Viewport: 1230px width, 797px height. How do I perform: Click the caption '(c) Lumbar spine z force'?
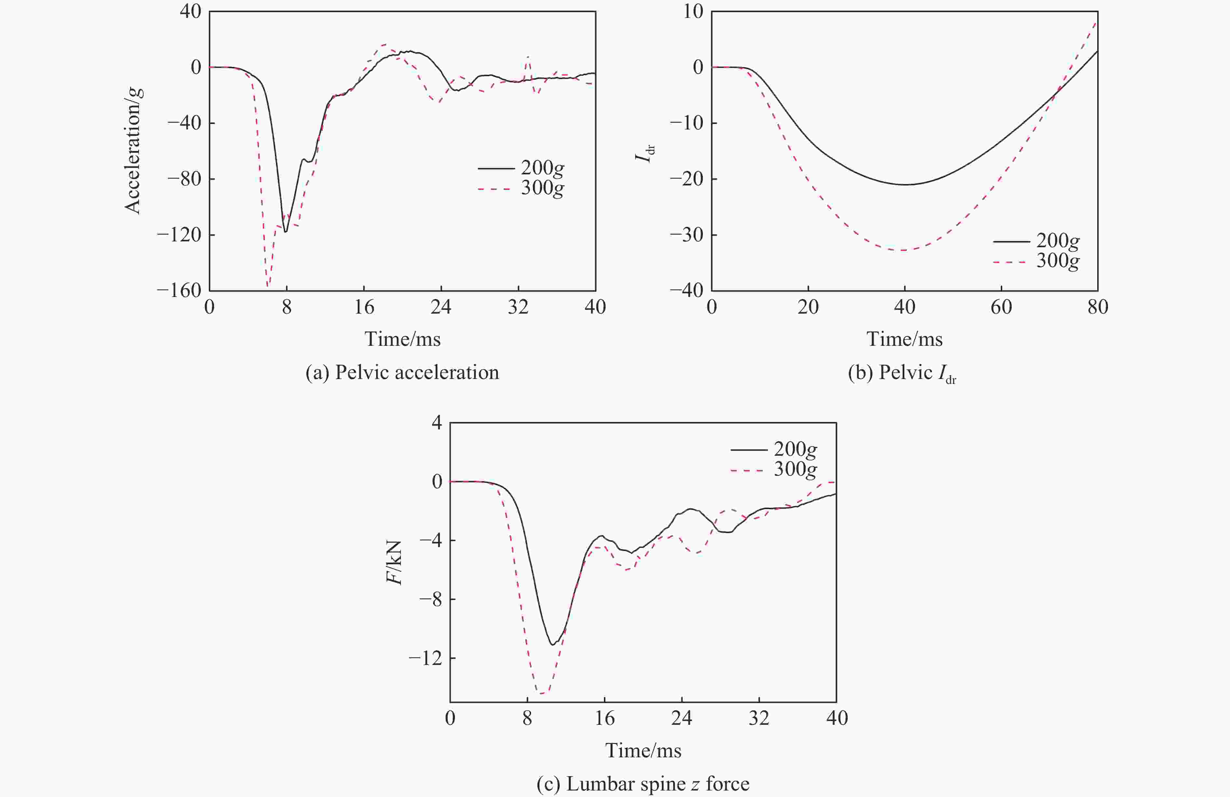pos(643,784)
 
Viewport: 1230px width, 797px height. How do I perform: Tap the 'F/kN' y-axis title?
pos(394,562)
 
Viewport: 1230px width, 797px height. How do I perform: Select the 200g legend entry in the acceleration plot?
pos(521,168)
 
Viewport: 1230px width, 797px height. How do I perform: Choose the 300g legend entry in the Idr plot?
pos(1036,261)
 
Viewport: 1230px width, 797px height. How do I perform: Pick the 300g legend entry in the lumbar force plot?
pos(774,469)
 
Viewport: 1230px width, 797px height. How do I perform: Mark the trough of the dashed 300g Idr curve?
pos(903,250)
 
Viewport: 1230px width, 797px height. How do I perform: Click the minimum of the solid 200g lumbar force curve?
pos(553,645)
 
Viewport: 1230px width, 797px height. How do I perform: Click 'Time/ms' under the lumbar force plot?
pos(643,750)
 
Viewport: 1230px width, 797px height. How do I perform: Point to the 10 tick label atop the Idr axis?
pos(693,11)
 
